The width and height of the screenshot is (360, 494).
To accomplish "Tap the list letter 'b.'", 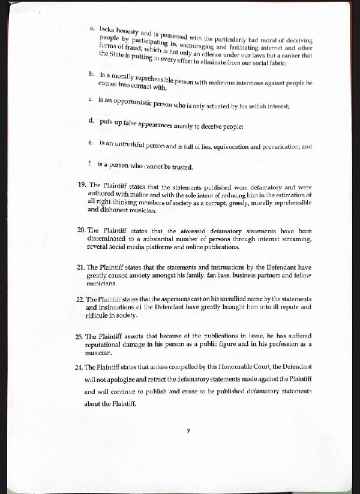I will click(x=91, y=74).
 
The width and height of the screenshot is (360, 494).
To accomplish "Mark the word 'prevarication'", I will click(x=275, y=146).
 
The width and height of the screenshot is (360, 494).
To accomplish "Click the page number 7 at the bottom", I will click(x=188, y=430).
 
